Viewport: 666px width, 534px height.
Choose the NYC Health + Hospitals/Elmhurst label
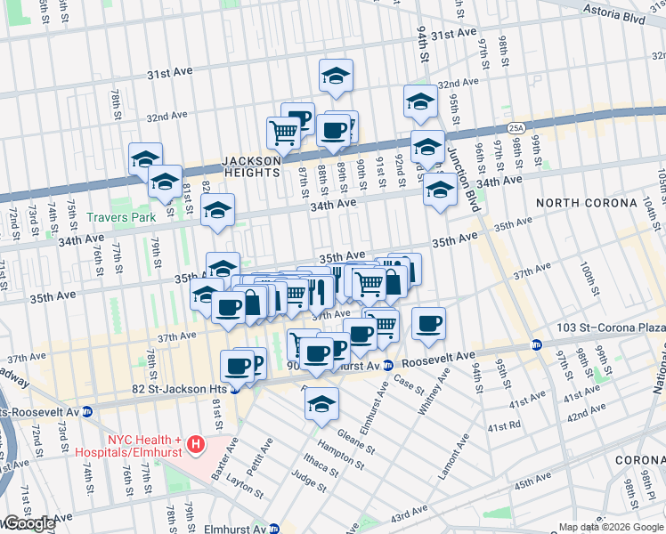pyautogui.click(x=145, y=446)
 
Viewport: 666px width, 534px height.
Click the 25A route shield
pyautogui.click(x=517, y=129)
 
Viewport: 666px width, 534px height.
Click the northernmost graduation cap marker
pyautogui.click(x=336, y=76)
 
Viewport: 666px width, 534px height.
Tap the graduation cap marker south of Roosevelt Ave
pyautogui.click(x=321, y=404)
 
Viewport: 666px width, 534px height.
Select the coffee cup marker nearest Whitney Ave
pyautogui.click(x=428, y=323)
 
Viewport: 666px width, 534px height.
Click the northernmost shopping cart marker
pyautogui.click(x=283, y=133)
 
